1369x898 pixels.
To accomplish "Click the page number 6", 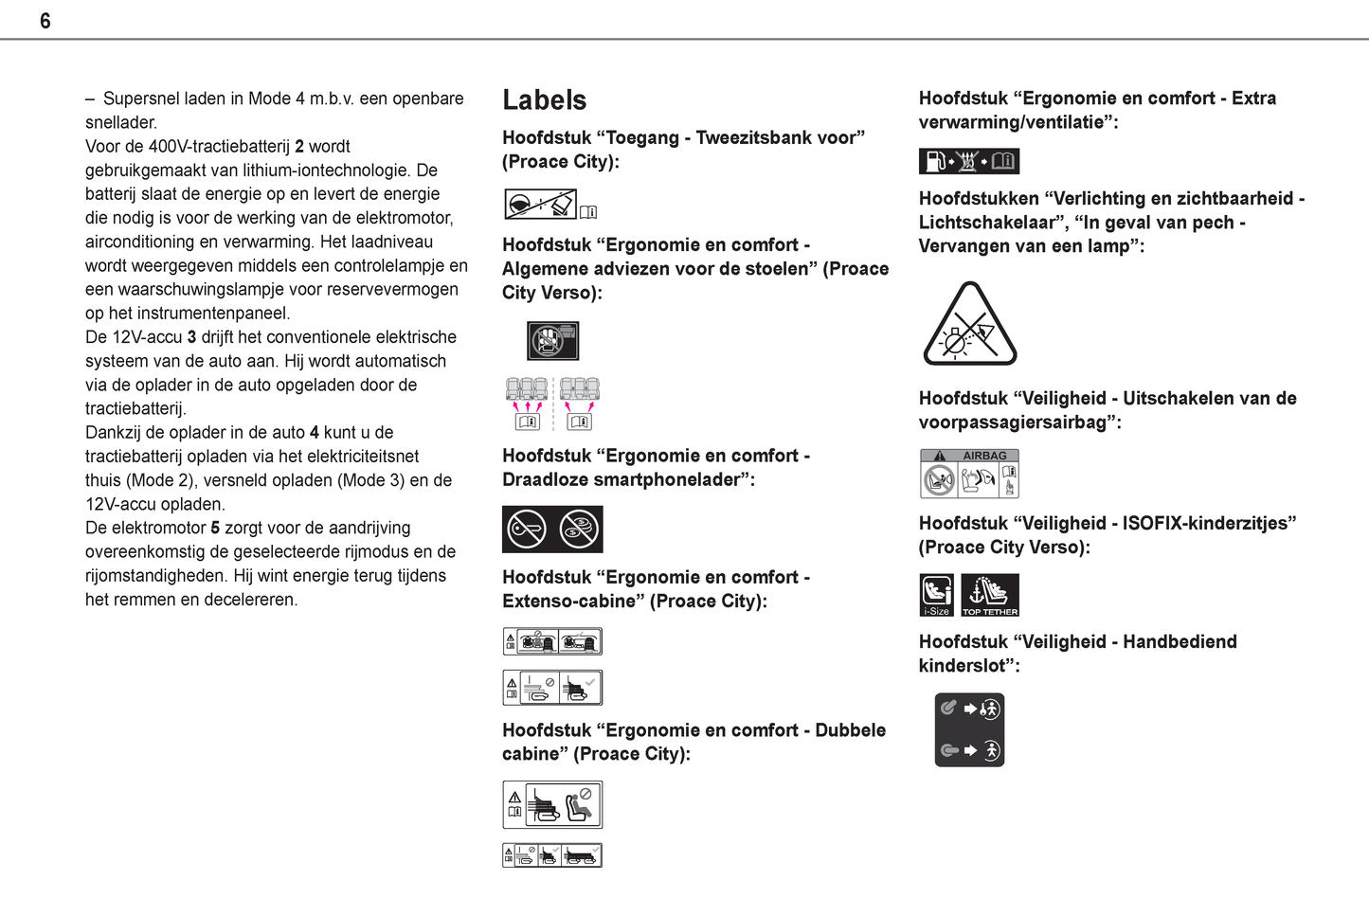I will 45,21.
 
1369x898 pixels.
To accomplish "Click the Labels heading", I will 544,100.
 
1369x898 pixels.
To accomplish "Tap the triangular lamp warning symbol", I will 969,325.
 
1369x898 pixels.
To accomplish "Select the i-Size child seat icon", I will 937,595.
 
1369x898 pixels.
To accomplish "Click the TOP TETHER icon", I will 990,595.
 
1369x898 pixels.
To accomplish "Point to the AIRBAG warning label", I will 969,474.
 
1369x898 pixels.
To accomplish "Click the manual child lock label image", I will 969,729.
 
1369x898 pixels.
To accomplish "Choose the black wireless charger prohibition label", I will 552,529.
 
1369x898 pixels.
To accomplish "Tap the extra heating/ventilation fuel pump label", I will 968,161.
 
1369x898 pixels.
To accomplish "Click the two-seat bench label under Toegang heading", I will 541,204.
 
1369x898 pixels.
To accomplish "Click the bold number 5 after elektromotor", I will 215,528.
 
